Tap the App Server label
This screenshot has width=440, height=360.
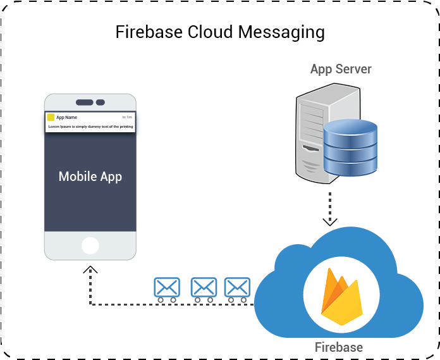click(340, 69)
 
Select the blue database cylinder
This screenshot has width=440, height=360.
click(350, 147)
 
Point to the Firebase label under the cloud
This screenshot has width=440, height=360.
click(339, 347)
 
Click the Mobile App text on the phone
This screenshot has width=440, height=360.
click(90, 177)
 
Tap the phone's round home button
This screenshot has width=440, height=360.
click(90, 245)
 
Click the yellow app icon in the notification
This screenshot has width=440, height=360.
click(51, 117)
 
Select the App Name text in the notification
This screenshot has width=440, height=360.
click(66, 117)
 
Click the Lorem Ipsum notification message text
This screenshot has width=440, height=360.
click(90, 127)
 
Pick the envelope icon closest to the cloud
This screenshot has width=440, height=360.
click(238, 289)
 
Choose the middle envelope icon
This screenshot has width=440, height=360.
click(204, 289)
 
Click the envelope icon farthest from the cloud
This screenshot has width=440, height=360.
click(167, 289)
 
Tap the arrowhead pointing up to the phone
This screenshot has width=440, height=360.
click(92, 268)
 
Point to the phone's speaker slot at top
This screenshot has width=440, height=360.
click(85, 102)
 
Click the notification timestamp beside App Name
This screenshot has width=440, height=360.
click(127, 117)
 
